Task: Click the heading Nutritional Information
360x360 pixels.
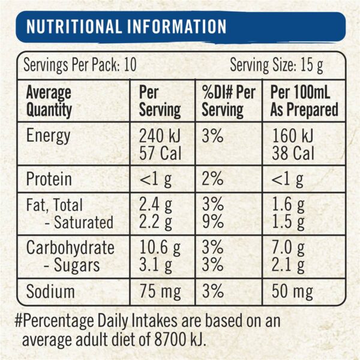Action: click(x=127, y=27)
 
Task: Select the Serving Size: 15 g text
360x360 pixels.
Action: click(x=277, y=65)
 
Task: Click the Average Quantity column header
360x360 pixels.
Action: click(x=48, y=101)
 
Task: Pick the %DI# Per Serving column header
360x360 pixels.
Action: click(x=228, y=101)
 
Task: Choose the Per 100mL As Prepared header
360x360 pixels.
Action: click(x=304, y=101)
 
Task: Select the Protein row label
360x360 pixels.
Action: click(x=49, y=179)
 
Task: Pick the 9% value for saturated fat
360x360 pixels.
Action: click(x=212, y=222)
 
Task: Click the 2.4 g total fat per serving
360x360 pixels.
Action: click(x=156, y=206)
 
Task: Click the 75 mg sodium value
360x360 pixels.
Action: click(x=160, y=292)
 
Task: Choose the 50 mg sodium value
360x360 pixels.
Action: click(x=292, y=292)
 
